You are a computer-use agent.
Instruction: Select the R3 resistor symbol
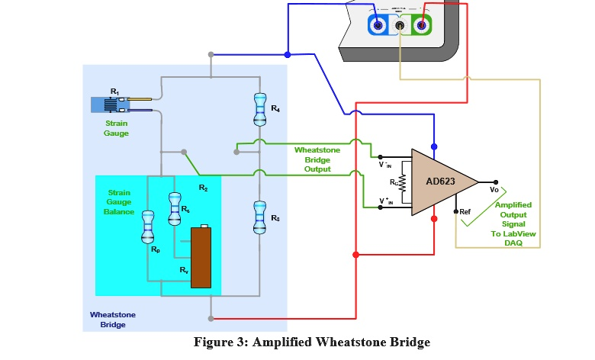coord(259,217)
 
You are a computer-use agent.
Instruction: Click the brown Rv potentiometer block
coord(201,257)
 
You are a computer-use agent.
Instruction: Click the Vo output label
coord(494,189)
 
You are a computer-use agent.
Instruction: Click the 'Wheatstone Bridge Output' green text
coord(317,159)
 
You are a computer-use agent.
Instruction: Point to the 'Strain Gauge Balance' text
coord(119,202)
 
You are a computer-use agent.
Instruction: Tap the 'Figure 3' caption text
coord(312,342)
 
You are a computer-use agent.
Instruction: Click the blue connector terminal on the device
coord(377,25)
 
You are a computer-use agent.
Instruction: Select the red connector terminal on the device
coord(420,25)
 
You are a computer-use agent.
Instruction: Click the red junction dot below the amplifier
coord(435,219)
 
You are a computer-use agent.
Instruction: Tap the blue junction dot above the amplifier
coord(435,146)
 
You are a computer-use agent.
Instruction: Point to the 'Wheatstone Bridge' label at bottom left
coord(107,319)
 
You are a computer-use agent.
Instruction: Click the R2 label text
coord(203,187)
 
